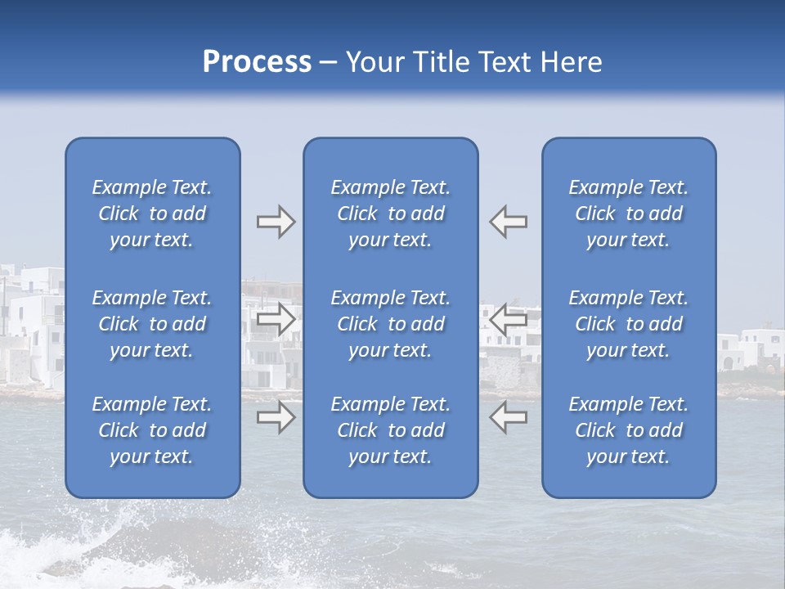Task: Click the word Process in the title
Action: [x=257, y=62]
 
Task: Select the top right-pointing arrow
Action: [x=276, y=222]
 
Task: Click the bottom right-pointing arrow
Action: [x=276, y=418]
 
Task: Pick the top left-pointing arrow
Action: [x=509, y=222]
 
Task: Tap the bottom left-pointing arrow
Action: [x=509, y=418]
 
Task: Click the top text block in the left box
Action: [x=152, y=214]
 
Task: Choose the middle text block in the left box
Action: [x=152, y=324]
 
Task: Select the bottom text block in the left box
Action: [x=152, y=430]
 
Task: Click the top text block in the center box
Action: [x=391, y=214]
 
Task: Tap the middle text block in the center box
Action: [x=391, y=324]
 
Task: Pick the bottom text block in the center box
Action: [x=391, y=430]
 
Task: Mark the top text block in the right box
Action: [x=629, y=214]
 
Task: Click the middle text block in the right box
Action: [x=629, y=324]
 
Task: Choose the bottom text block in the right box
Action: [x=629, y=430]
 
